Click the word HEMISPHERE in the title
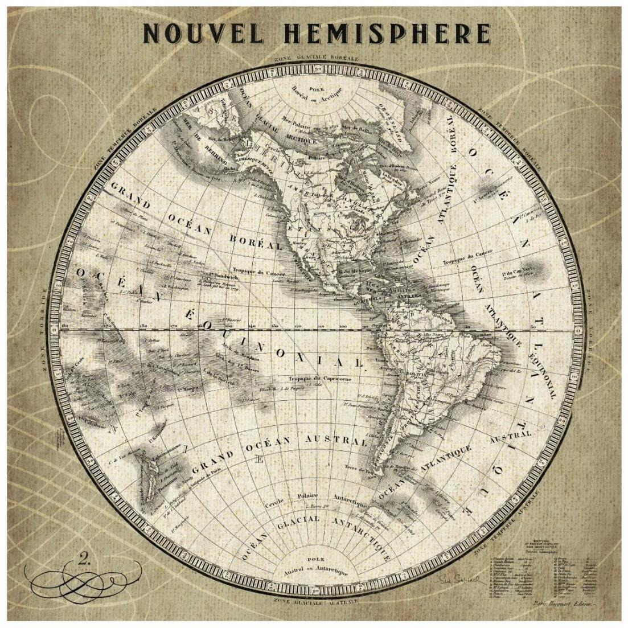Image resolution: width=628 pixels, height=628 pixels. (x=387, y=34)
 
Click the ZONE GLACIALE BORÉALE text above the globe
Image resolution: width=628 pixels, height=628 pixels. (x=315, y=58)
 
